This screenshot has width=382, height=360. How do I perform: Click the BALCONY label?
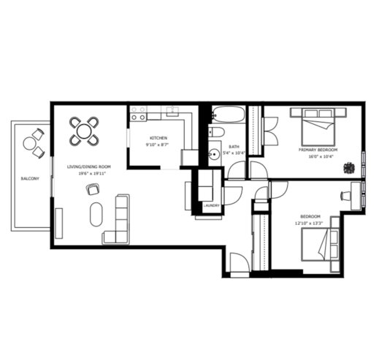30,178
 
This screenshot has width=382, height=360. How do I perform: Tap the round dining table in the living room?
84,131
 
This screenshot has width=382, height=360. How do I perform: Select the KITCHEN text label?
158,138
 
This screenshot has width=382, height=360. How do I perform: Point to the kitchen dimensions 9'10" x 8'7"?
157,145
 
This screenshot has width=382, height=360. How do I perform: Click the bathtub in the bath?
229,114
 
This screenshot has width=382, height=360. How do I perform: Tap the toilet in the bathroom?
216,132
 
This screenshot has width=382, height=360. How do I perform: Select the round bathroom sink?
214,154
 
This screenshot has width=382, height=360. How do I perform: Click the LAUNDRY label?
212,206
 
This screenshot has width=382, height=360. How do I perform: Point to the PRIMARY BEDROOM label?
318,150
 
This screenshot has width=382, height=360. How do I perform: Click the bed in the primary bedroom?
318,126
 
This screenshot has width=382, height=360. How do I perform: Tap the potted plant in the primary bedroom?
349,168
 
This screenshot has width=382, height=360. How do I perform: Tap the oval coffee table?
96,215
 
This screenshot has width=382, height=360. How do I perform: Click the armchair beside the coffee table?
93,189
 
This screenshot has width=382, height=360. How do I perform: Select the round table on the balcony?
29,143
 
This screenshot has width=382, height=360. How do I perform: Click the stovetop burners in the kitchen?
138,113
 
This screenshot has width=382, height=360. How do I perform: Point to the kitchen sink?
172,111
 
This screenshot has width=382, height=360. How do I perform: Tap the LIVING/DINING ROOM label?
89,166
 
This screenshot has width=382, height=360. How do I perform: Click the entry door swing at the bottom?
240,263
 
